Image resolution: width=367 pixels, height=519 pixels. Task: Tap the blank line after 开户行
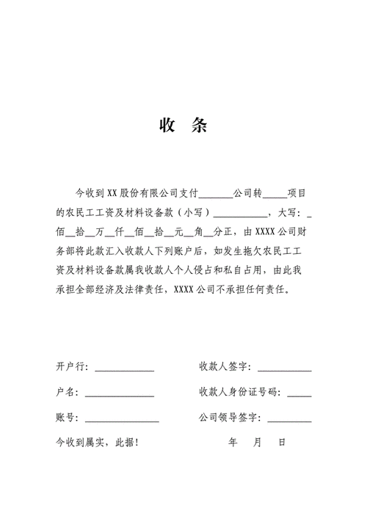[x=124, y=368]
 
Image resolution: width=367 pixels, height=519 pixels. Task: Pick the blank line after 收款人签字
[x=284, y=368]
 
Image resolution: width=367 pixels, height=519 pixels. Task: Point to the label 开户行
[x=71, y=366]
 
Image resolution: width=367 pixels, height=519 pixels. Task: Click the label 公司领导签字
[x=229, y=418]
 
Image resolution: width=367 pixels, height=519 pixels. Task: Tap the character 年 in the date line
[x=233, y=443]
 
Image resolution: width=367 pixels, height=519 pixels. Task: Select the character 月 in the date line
[x=257, y=443]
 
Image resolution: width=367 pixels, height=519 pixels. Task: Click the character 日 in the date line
[x=282, y=443]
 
